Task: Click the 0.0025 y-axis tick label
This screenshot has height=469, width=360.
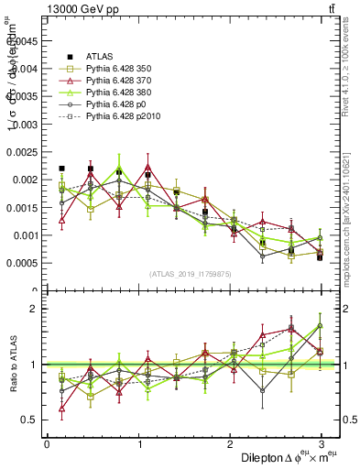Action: tap(21, 151)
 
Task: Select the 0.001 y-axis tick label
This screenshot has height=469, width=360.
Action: tap(24, 235)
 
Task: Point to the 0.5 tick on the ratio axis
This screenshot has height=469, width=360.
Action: tap(28, 420)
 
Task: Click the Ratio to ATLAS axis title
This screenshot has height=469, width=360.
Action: tap(12, 364)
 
